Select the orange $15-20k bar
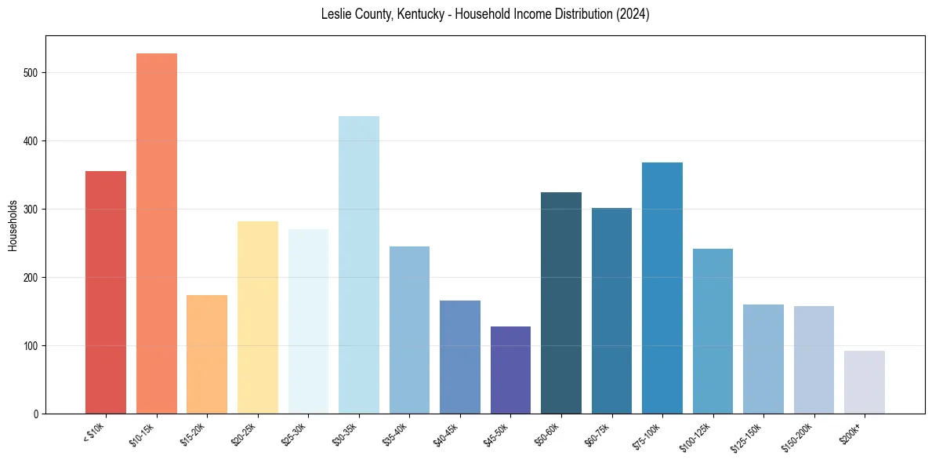point(207,354)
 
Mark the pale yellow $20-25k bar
point(258,317)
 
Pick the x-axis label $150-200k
point(799,436)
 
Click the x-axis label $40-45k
point(447,434)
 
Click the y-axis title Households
point(13,225)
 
